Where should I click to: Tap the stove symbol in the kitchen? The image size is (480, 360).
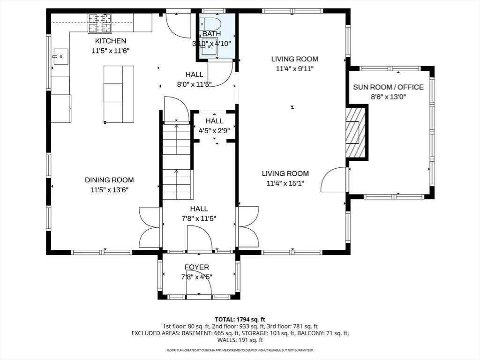(x=100, y=23)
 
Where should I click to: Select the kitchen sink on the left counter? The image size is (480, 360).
(x=60, y=57)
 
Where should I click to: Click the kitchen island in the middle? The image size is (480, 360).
(x=119, y=94)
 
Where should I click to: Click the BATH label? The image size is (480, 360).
(x=211, y=34)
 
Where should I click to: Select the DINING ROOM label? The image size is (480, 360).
(x=109, y=180)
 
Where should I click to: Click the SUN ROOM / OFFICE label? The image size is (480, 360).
(x=388, y=87)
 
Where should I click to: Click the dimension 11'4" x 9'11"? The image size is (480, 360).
(x=294, y=68)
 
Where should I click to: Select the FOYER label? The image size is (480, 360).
(x=197, y=267)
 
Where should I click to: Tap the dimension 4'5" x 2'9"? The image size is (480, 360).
(x=214, y=131)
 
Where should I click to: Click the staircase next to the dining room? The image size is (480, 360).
(x=177, y=159)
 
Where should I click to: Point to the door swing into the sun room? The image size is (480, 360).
(x=334, y=180)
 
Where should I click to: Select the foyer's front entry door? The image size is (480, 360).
(x=199, y=288)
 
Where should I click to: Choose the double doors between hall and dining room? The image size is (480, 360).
(x=150, y=227)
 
